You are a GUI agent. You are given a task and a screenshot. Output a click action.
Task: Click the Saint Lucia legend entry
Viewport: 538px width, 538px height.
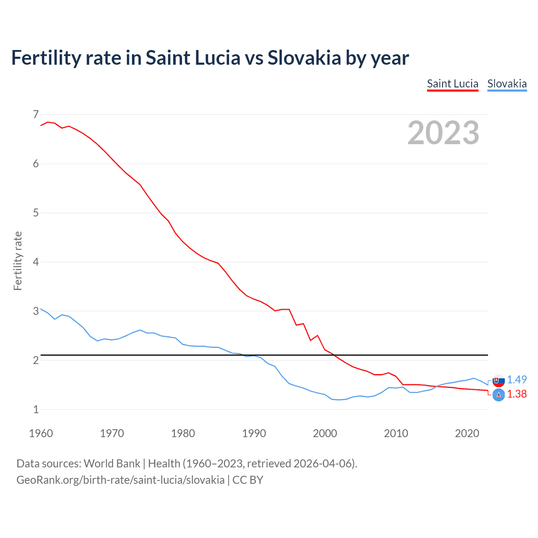(452, 84)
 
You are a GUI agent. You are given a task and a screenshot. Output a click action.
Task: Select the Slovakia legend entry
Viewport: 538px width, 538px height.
(506, 84)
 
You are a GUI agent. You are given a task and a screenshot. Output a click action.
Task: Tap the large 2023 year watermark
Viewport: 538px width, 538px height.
(443, 133)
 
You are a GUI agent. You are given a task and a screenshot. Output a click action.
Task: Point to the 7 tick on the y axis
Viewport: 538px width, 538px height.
(36, 114)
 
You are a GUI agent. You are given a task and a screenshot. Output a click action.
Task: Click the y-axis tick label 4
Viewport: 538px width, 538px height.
(36, 262)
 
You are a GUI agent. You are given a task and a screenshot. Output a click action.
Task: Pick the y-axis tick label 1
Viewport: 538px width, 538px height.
(36, 409)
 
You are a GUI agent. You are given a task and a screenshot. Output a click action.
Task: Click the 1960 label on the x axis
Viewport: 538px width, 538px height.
(41, 433)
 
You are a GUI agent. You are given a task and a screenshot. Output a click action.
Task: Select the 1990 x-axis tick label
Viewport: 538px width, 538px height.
(254, 433)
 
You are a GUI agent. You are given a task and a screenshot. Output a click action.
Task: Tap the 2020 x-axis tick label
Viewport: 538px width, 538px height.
(467, 433)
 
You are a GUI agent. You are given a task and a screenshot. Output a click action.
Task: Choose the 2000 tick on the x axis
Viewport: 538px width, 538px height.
(325, 433)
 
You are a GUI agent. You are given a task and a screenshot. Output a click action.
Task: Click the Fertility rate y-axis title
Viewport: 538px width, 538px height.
(18, 261)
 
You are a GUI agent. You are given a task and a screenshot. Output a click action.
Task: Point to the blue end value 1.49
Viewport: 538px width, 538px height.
(517, 380)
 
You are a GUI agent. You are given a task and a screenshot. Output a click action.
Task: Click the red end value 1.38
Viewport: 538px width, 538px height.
(517, 394)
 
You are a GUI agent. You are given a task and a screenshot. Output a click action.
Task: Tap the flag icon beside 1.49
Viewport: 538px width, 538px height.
(498, 380)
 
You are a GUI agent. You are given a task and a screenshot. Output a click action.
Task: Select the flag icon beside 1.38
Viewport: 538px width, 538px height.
(498, 395)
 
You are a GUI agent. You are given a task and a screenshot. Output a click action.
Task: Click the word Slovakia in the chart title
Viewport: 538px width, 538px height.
(304, 58)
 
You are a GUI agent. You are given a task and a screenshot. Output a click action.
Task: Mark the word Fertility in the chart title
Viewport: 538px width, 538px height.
(46, 58)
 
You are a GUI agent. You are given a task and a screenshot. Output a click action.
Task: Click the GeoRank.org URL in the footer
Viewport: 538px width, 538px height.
(120, 480)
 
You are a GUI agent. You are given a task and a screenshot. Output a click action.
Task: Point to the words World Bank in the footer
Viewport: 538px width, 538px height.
(112, 464)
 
